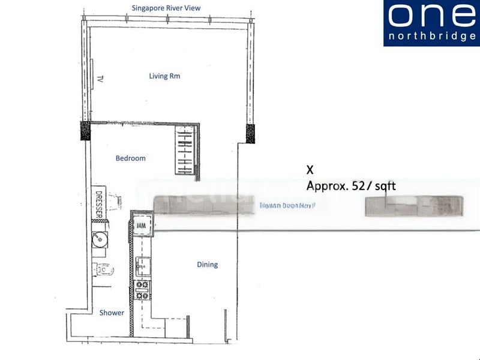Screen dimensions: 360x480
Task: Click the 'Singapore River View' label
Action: coord(166,8)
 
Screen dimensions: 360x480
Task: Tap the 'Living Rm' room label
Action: coord(164,76)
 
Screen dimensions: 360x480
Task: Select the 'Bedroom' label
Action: coord(131,158)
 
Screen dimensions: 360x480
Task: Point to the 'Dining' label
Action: coord(207,265)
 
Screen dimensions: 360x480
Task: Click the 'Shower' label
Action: coord(112,313)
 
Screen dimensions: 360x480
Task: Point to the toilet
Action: coord(103,270)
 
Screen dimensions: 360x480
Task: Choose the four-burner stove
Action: coord(143,290)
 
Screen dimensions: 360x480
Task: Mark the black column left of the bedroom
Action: coord(85,130)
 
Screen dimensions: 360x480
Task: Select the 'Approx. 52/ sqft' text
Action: coord(351,186)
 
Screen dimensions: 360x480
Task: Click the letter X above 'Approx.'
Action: coord(310,170)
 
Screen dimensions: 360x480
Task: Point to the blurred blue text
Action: coord(287,205)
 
